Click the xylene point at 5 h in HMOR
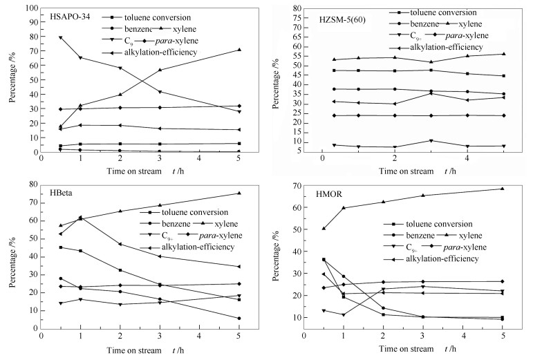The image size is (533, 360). point(503,189)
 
